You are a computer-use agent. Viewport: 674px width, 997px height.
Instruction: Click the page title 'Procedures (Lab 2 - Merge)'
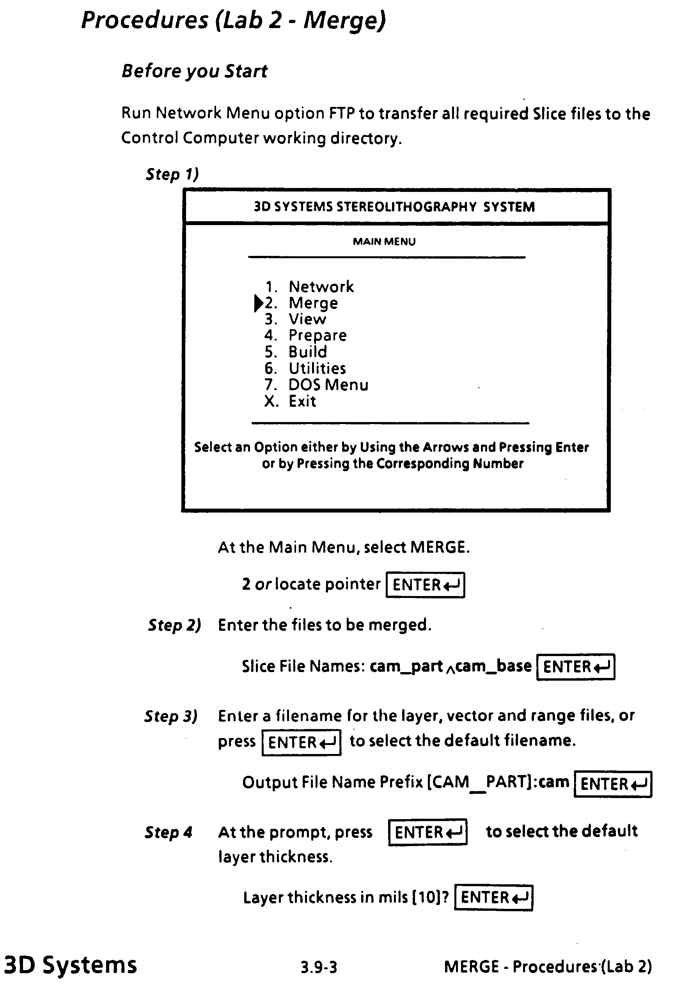(x=233, y=20)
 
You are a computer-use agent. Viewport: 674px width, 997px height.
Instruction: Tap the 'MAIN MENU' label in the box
(x=384, y=241)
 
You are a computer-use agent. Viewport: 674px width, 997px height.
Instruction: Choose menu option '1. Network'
(x=309, y=287)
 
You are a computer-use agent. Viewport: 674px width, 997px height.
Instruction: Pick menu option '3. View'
(x=295, y=319)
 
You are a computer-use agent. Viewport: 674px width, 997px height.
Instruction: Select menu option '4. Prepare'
(x=305, y=335)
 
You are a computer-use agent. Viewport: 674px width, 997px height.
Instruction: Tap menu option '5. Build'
(x=296, y=352)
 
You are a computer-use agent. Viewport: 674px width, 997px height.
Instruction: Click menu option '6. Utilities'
(x=305, y=368)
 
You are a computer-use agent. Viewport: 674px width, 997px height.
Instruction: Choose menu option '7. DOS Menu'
(x=316, y=385)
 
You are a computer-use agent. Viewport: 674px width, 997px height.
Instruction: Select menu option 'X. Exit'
(x=290, y=401)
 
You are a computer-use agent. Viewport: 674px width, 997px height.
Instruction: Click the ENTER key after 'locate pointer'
(x=425, y=585)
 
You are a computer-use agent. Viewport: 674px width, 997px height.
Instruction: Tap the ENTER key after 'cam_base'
(x=575, y=667)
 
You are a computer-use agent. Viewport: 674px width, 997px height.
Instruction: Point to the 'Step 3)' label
(x=170, y=716)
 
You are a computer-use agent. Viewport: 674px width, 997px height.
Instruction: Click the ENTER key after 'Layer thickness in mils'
(x=493, y=898)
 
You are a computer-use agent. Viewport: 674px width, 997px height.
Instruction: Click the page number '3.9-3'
(x=319, y=967)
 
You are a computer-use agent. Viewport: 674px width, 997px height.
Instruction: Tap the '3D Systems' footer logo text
(x=70, y=965)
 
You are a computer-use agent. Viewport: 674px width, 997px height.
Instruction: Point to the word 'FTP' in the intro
(x=342, y=113)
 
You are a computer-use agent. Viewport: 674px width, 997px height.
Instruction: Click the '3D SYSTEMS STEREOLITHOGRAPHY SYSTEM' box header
(x=394, y=207)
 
